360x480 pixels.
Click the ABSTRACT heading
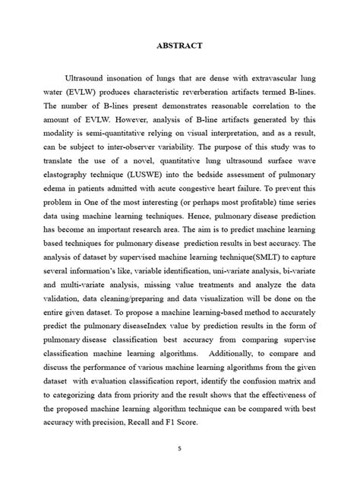(179, 46)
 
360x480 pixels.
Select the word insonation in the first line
(135, 78)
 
